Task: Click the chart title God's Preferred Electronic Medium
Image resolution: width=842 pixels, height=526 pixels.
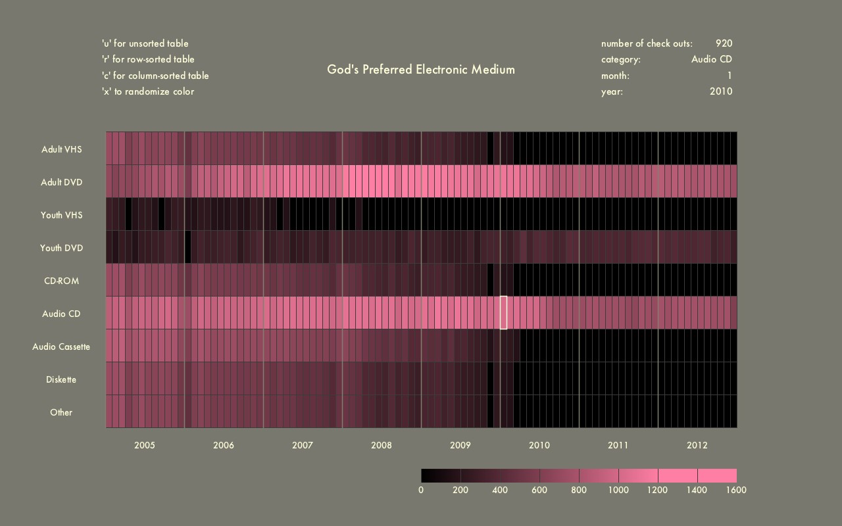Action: tap(421, 69)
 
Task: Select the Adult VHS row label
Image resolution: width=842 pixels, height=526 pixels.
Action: tap(61, 149)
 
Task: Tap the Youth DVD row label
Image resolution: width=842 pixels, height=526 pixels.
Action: tap(61, 248)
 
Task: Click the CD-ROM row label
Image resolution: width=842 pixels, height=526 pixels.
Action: tap(61, 281)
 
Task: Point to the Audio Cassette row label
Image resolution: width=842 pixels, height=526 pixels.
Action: tap(61, 347)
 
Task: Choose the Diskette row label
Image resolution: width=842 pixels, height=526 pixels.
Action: tap(61, 379)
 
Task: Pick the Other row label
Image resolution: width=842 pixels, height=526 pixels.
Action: tap(61, 412)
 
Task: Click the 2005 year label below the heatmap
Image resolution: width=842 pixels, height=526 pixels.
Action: tap(145, 445)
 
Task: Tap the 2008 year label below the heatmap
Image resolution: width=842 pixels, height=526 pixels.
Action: tap(382, 445)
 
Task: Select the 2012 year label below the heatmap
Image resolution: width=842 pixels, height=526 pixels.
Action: tap(697, 445)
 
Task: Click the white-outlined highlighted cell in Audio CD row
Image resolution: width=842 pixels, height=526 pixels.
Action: tap(504, 312)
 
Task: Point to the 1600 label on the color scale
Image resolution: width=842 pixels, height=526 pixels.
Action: tap(737, 490)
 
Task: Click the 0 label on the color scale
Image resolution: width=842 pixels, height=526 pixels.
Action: tap(421, 490)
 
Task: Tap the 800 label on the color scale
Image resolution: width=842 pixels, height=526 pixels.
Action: tap(579, 490)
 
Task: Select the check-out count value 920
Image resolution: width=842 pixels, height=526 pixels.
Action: tap(724, 43)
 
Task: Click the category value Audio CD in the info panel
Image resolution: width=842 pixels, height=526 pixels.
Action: tap(711, 59)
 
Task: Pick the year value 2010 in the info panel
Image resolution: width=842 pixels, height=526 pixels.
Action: tap(720, 91)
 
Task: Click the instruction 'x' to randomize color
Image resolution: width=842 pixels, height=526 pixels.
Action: tap(148, 91)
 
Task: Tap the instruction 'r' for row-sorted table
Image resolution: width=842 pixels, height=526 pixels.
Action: tap(148, 59)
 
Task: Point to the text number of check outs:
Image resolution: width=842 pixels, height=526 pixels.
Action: tap(647, 43)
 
